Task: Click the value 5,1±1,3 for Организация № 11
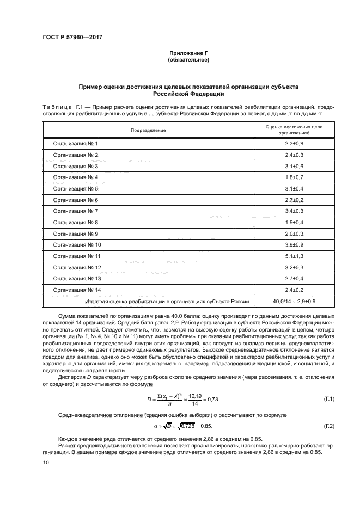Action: (294, 256)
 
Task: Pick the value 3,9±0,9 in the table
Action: (294, 244)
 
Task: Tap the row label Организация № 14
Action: (77, 290)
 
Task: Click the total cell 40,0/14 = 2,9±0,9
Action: (294, 301)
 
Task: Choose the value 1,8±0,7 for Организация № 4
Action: (294, 177)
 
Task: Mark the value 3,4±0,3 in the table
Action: (294, 211)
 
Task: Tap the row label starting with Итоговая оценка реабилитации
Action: (168, 301)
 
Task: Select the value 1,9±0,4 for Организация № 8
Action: (294, 222)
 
